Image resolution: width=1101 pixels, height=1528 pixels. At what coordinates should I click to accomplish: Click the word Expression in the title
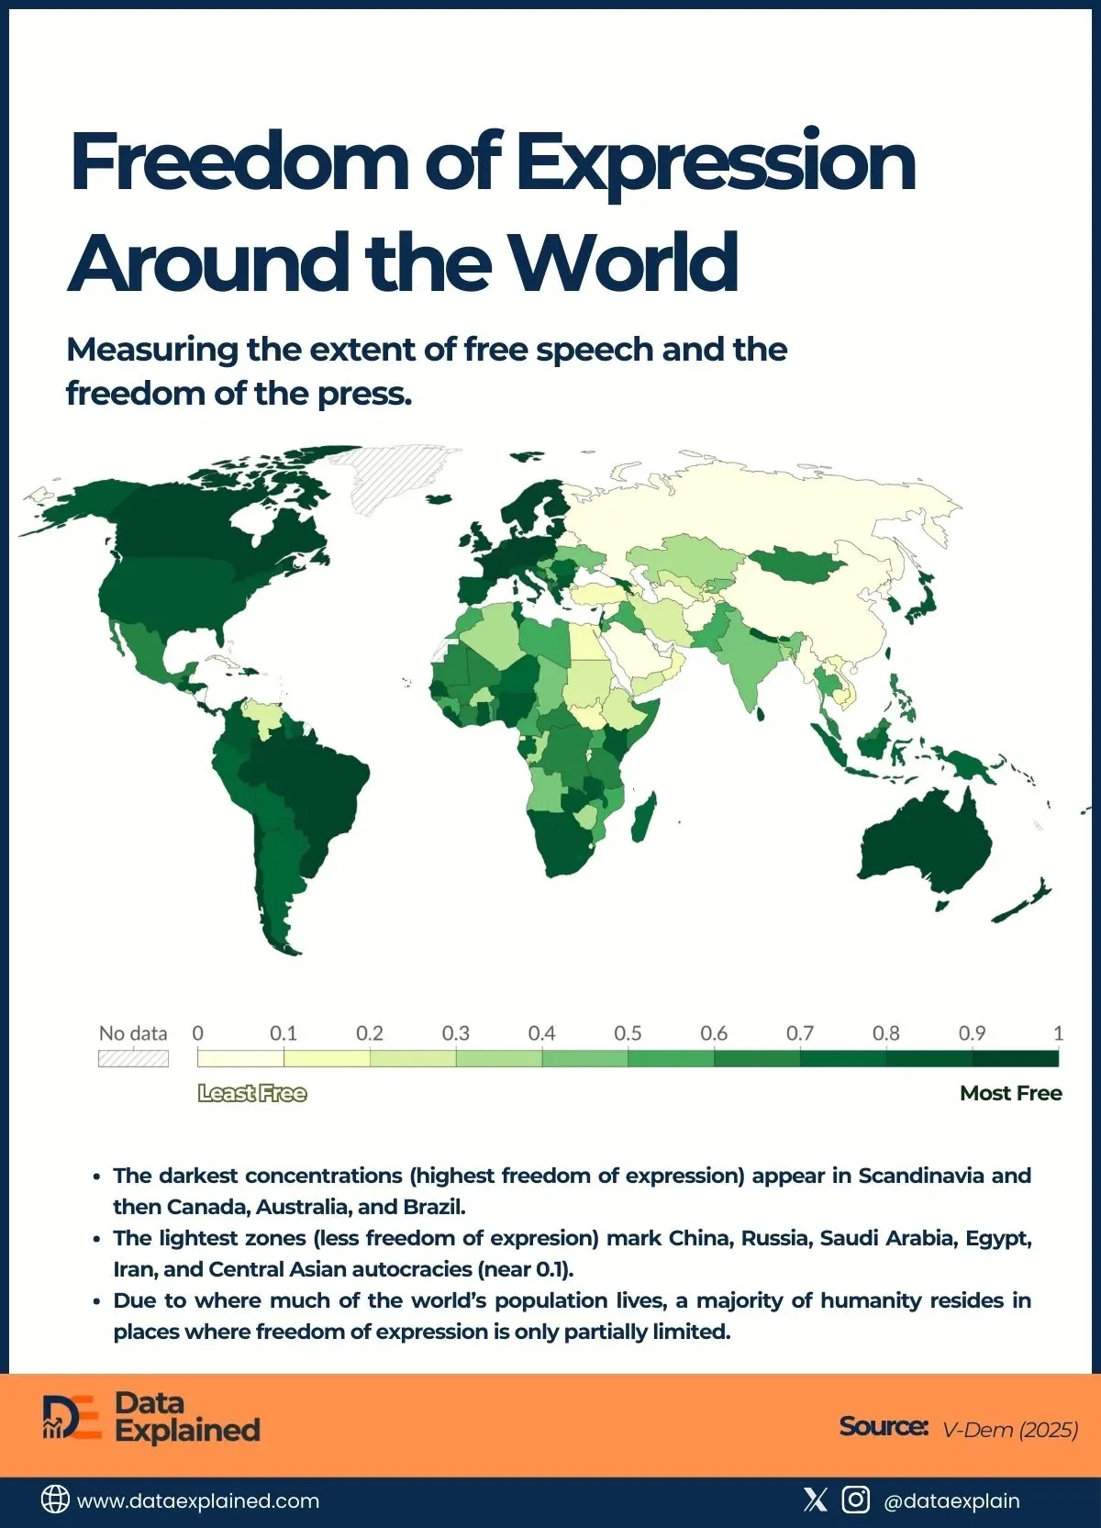pos(716,163)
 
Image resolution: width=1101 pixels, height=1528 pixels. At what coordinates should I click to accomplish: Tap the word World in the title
pos(623,263)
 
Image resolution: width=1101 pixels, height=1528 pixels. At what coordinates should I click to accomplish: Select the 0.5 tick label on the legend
pos(628,1033)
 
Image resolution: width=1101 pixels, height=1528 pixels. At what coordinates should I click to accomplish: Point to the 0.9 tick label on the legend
pos(972,1033)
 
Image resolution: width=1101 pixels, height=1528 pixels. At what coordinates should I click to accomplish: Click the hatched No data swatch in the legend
pos(133,1058)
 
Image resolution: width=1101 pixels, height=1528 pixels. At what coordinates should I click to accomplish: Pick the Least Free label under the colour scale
pos(252,1093)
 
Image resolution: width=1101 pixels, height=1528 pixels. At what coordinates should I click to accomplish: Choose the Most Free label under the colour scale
pos(1010,1093)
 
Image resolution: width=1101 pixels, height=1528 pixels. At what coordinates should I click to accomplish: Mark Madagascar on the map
pos(644,817)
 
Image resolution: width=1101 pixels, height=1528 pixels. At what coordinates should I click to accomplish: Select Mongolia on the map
pos(796,564)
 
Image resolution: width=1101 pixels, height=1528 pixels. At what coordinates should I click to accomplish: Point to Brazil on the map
pos(312,780)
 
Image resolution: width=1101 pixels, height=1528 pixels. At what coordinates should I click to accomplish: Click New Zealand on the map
pos(1023,904)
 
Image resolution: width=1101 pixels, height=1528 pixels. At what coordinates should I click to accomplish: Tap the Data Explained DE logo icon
pos(72,1417)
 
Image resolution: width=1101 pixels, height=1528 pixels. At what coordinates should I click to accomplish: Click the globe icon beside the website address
pos(55,1500)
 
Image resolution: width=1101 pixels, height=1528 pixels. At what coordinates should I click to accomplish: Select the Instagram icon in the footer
pos(855,1500)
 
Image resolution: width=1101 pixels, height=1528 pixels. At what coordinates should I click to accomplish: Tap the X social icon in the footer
pos(815,1500)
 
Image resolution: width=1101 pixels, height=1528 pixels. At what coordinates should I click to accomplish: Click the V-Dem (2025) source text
pos(1010,1429)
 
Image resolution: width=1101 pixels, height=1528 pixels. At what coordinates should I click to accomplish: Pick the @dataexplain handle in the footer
pos(951,1500)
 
